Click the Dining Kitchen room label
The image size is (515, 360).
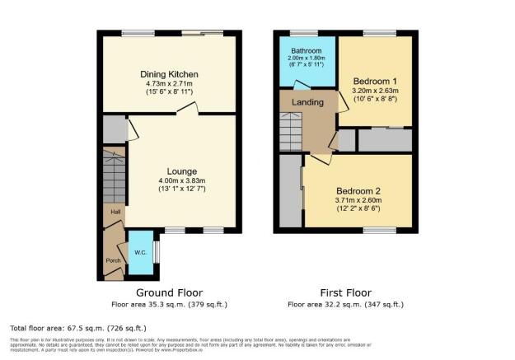[169, 74]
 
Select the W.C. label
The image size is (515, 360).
[140, 252]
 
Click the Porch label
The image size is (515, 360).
[113, 261]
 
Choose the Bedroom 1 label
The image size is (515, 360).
[375, 80]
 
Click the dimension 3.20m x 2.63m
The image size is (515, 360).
[375, 90]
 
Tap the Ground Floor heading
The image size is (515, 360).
[169, 292]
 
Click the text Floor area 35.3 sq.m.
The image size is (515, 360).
[169, 304]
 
